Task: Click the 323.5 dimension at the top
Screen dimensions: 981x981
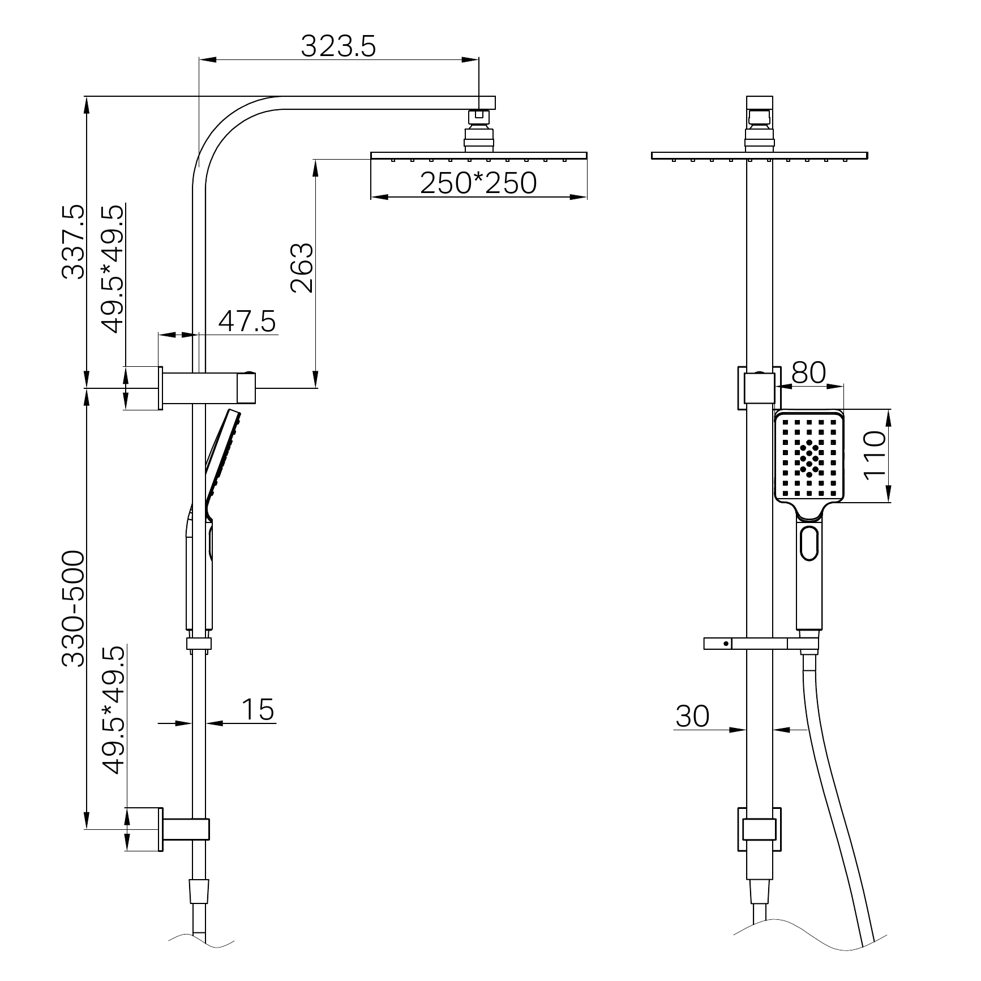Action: tap(338, 46)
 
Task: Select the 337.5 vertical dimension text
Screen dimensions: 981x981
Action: tap(74, 242)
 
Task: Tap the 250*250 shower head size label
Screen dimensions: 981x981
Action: tap(478, 183)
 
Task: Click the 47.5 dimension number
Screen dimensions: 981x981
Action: tap(247, 322)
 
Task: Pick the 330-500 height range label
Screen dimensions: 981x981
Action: tap(74, 609)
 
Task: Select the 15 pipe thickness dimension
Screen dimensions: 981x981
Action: tap(258, 709)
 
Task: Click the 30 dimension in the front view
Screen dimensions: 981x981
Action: tap(692, 716)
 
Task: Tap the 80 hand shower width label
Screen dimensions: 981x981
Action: tap(808, 372)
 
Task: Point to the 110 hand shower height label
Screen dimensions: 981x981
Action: tap(875, 455)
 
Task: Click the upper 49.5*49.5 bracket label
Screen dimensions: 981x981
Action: tap(112, 269)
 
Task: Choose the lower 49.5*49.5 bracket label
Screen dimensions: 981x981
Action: tap(112, 710)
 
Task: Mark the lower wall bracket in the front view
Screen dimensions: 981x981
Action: tap(759, 829)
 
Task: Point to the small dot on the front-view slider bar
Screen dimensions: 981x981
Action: tap(725, 644)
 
